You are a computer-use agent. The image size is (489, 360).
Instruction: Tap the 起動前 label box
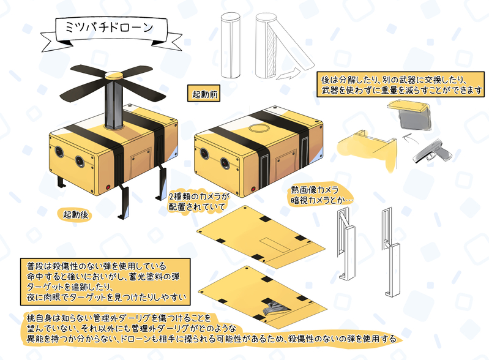(204, 93)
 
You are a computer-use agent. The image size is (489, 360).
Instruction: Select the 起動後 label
(75, 214)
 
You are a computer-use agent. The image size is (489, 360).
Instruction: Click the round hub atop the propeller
(113, 75)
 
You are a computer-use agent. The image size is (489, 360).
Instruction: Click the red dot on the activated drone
(108, 187)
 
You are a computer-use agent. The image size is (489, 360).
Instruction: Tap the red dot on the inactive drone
(253, 189)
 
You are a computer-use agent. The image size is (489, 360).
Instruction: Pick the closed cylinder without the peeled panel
(231, 45)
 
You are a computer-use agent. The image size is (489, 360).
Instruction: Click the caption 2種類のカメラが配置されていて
(199, 201)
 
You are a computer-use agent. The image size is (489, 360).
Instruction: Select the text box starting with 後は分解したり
(401, 84)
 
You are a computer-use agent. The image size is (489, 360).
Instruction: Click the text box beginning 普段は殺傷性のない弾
(105, 282)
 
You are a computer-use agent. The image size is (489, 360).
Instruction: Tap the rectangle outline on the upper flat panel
(275, 245)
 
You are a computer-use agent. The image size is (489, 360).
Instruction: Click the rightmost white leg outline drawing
(390, 252)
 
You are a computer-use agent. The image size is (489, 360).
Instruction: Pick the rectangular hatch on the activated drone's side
(140, 163)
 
